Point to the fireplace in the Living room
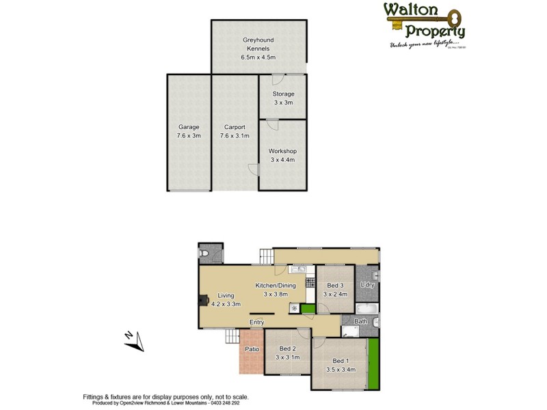202,299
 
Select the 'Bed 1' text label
340,361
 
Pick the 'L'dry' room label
368,284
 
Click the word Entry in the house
256,323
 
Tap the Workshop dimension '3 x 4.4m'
282,160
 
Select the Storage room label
282,94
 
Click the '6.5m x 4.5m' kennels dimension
258,57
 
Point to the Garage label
189,127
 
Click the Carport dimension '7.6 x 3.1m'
235,136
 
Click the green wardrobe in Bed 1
373,362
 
